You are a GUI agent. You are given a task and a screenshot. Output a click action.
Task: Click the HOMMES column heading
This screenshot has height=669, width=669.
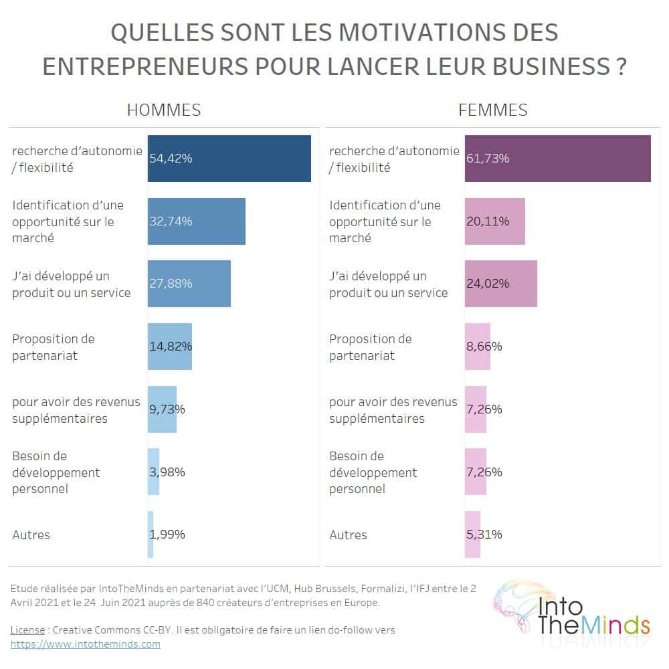(164, 110)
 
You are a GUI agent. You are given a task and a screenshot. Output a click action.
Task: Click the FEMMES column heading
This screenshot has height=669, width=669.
(493, 110)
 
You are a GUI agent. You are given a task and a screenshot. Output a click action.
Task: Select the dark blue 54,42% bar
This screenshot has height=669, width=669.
(229, 159)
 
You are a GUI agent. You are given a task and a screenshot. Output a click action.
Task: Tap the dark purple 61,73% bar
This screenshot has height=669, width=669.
(558, 159)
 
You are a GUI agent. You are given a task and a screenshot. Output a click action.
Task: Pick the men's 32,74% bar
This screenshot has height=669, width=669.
(197, 221)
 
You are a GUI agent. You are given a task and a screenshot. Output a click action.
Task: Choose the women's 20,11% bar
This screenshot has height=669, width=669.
(495, 221)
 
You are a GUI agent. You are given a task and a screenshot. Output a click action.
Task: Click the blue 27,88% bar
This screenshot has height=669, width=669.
(189, 284)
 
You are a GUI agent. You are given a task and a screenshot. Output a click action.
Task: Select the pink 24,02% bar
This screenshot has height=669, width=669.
(501, 284)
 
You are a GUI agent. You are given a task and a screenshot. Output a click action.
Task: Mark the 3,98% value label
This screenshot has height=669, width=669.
(167, 472)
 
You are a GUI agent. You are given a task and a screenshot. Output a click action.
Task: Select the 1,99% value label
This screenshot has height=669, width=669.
(167, 535)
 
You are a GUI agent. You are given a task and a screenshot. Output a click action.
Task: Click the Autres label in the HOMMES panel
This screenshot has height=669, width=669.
(31, 535)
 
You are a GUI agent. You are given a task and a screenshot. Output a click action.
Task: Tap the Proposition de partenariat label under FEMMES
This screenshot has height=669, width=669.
(371, 347)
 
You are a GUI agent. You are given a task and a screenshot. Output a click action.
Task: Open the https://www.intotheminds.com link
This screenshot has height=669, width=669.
(86, 644)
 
